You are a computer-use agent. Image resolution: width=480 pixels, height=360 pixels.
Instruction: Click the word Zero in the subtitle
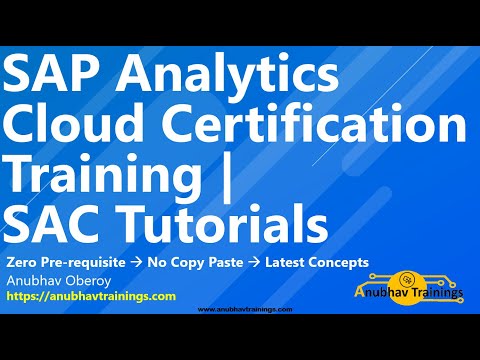point(20,262)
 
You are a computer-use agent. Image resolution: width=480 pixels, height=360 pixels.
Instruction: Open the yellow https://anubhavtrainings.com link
point(91,297)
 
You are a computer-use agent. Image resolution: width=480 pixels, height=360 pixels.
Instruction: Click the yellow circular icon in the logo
point(409,275)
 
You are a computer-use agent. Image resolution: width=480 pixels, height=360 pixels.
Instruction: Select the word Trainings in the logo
point(433,293)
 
